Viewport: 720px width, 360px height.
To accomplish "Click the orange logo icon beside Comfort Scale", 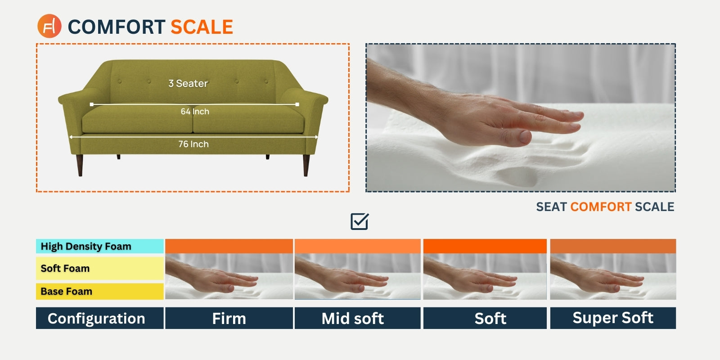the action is pyautogui.click(x=49, y=26).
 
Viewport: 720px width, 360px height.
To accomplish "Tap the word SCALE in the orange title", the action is pyautogui.click(x=202, y=27).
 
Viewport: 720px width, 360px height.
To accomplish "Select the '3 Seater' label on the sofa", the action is pyautogui.click(x=188, y=83).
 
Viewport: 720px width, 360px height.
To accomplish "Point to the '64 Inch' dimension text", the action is pyautogui.click(x=195, y=112).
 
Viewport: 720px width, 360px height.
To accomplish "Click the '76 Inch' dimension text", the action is pyautogui.click(x=193, y=144).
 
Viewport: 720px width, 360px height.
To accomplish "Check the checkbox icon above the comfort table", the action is pyautogui.click(x=360, y=221).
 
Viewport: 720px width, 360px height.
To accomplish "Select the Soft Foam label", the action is pyautogui.click(x=99, y=268).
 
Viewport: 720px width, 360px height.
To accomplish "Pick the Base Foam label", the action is pyautogui.click(x=99, y=291).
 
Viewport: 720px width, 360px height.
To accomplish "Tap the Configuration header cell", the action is pyautogui.click(x=99, y=318).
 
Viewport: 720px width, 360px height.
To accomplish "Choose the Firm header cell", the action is pyautogui.click(x=229, y=318).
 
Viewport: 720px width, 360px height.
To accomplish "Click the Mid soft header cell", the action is pyautogui.click(x=357, y=318).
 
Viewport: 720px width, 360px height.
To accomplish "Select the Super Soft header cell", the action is pyautogui.click(x=613, y=318).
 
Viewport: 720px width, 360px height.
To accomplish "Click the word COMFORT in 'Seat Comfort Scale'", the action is pyautogui.click(x=601, y=207).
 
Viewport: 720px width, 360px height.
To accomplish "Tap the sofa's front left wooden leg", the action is pyautogui.click(x=80, y=165).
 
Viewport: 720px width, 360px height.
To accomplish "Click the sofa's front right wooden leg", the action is pyautogui.click(x=306, y=165).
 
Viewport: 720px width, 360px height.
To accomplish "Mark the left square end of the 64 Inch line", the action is pyautogui.click(x=92, y=104).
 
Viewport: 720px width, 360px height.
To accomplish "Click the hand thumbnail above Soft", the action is pyautogui.click(x=485, y=276).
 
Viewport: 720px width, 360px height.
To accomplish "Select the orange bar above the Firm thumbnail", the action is pyautogui.click(x=229, y=246).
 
